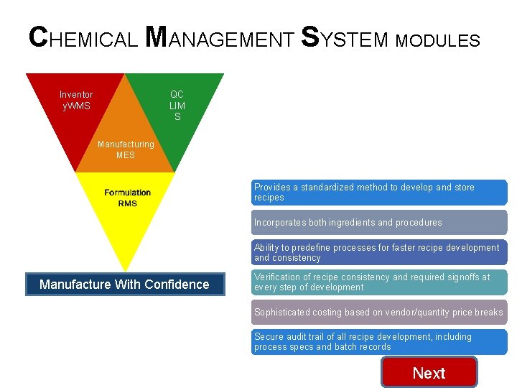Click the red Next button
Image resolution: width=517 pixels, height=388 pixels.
(x=429, y=373)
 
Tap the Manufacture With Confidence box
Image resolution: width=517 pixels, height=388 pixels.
(x=124, y=285)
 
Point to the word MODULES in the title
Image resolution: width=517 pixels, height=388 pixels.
(x=437, y=41)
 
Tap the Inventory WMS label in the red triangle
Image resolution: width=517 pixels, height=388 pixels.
(x=75, y=101)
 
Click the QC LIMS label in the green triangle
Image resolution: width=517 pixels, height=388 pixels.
(x=177, y=105)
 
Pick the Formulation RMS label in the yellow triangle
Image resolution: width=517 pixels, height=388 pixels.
(x=127, y=198)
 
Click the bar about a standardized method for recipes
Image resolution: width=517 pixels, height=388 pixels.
(x=378, y=193)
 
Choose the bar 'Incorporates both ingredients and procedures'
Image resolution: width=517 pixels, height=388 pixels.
(x=378, y=223)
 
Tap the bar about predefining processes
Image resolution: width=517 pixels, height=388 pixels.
(x=378, y=252)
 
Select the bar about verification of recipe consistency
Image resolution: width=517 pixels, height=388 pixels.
(x=378, y=282)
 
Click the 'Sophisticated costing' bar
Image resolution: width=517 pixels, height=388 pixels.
(x=378, y=313)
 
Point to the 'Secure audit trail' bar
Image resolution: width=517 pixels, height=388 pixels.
(x=378, y=342)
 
